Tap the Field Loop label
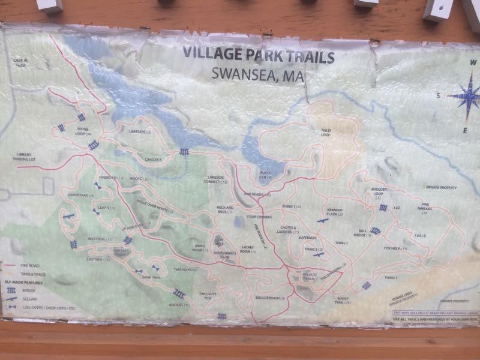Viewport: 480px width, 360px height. pos(326,133)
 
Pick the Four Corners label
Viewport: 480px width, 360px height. pos(259,217)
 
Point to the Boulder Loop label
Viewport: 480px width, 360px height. pos(374,196)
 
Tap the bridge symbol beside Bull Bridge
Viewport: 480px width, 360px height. pos(375,230)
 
